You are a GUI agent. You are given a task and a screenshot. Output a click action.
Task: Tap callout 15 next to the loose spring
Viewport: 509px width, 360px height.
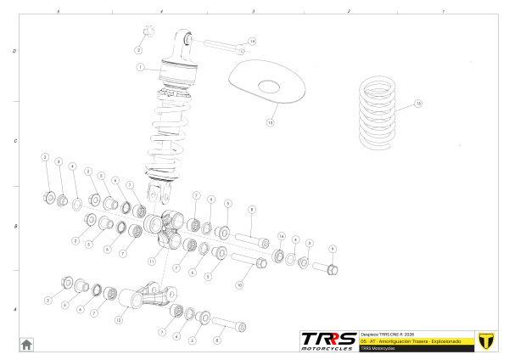click(417, 104)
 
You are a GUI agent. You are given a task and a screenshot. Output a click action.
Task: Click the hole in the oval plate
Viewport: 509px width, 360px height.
click(269, 85)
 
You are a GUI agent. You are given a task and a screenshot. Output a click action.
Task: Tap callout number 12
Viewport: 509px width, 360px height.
click(119, 321)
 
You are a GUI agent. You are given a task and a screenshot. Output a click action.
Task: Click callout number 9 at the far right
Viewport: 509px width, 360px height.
click(333, 249)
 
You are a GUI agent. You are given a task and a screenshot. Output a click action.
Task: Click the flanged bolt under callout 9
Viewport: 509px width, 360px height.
click(327, 269)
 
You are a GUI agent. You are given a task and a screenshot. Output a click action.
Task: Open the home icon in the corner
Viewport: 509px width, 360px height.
click(26, 343)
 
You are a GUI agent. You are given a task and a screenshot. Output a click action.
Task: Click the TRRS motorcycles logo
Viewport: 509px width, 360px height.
click(328, 340)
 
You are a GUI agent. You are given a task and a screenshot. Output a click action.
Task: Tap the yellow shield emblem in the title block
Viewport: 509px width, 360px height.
click(486, 339)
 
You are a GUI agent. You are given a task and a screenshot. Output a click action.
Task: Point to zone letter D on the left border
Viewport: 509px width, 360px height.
click(14, 51)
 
